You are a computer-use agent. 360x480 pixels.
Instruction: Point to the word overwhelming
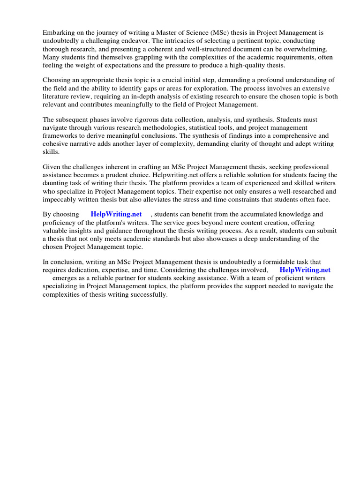click(305, 49)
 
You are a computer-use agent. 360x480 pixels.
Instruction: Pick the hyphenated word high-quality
click(244, 65)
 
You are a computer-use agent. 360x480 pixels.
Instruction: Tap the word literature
click(59, 96)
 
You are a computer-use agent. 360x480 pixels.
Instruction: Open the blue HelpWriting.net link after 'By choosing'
click(116, 214)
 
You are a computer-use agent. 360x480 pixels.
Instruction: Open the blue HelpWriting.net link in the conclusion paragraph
click(305, 270)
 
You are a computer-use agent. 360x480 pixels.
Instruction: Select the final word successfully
click(148, 294)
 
